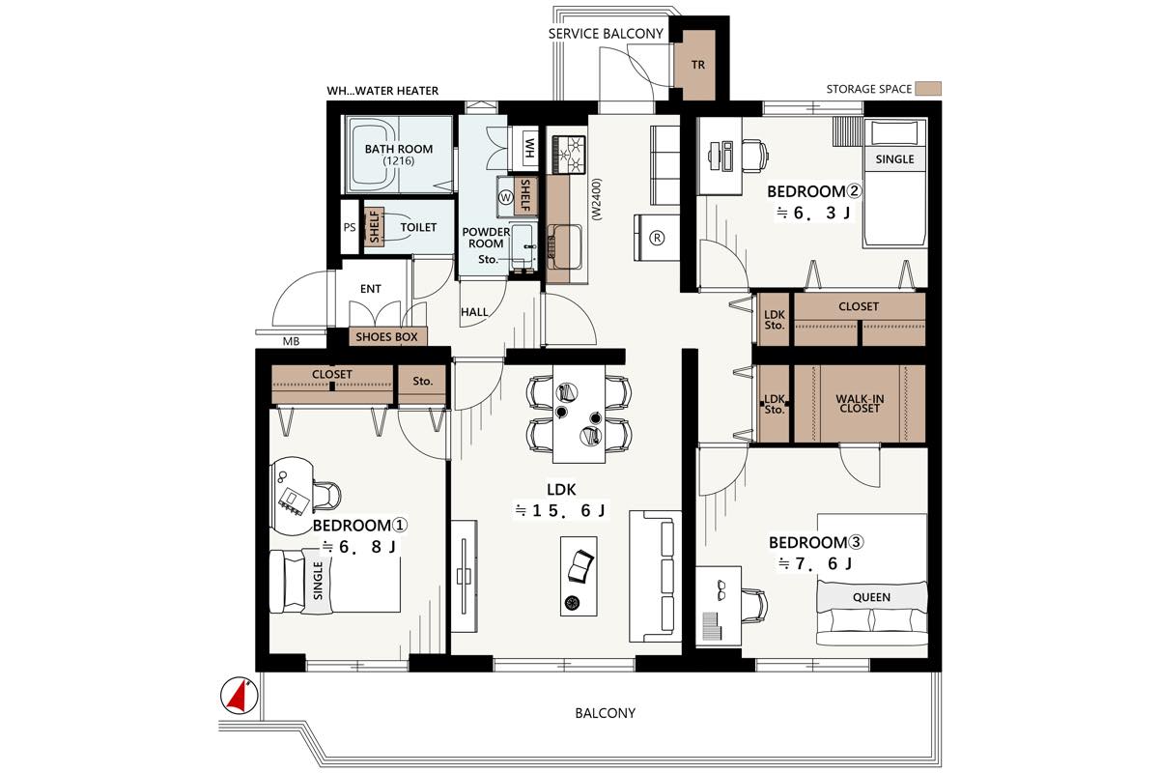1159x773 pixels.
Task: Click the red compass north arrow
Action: pos(239,696)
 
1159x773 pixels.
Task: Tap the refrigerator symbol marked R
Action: pos(657,238)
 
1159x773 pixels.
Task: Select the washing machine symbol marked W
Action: pos(505,197)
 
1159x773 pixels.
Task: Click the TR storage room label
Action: pos(698,65)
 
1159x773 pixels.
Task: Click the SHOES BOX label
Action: pos(386,337)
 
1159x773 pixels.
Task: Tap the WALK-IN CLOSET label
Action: pos(860,404)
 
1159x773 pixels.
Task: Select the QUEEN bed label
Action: pos(872,597)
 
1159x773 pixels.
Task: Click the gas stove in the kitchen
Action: pos(569,155)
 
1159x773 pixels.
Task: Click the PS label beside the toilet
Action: pos(350,227)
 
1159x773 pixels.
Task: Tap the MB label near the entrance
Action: pos(291,341)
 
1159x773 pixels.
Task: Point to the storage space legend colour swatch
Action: pos(928,89)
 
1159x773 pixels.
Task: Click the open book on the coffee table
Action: pos(580,566)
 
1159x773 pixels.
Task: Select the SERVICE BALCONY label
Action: pos(606,34)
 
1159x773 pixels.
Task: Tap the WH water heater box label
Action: pos(529,148)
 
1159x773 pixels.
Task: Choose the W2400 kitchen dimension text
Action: pos(597,200)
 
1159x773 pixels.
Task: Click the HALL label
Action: pos(474,312)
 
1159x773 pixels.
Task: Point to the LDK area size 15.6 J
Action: pos(561,511)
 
